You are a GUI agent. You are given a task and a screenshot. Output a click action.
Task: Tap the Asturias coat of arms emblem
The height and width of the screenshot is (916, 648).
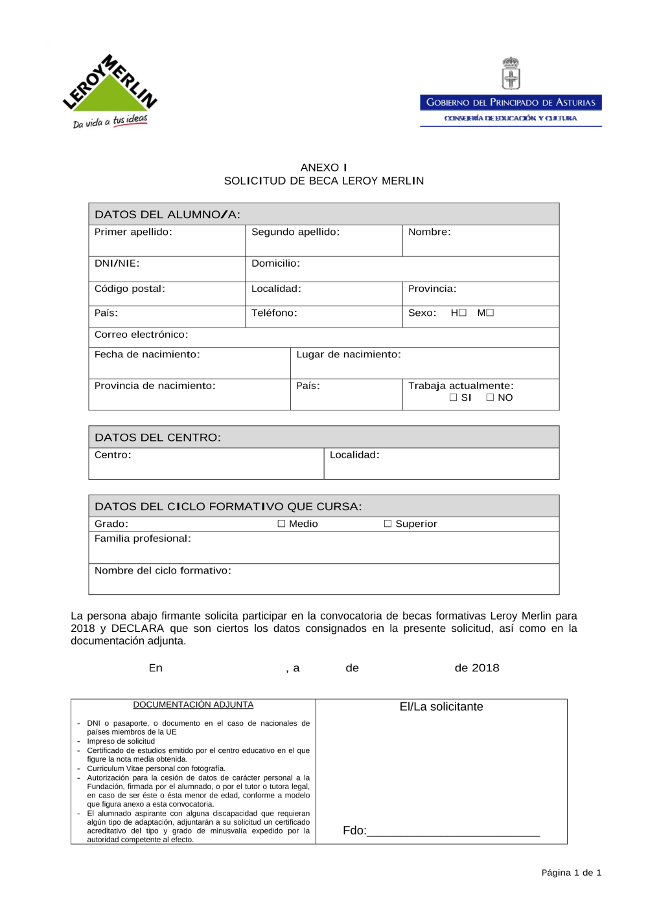point(511,73)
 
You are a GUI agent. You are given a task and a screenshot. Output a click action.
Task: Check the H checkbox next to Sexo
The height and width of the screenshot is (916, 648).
point(463,313)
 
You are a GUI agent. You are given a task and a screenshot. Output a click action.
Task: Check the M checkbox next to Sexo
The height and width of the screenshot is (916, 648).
point(490,313)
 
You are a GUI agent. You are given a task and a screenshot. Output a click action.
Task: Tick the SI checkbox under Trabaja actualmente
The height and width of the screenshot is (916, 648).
point(454,397)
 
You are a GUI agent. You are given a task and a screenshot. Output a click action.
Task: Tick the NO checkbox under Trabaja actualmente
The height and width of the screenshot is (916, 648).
point(491,397)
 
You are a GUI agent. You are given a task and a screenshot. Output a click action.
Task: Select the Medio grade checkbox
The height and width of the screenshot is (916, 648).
point(282,524)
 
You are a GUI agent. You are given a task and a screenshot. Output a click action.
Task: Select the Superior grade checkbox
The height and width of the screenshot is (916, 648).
point(388,524)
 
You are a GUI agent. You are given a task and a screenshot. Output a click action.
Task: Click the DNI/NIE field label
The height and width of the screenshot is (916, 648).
point(117,263)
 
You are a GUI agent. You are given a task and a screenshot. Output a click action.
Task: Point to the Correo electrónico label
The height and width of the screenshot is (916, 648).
point(141,335)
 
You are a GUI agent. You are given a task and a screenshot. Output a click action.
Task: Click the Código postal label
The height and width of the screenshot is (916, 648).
point(130,289)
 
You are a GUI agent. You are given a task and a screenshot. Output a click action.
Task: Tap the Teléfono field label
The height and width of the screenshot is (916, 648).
point(274,313)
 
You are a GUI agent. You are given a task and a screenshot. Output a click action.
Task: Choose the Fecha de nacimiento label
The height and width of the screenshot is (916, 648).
point(147,355)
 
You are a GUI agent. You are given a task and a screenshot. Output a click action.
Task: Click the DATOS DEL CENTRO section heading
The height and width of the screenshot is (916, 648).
point(157,438)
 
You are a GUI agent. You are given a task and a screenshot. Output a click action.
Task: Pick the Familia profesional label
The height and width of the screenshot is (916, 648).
point(143,539)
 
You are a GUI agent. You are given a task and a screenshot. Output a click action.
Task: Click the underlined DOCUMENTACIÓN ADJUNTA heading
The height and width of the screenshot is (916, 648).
point(193,705)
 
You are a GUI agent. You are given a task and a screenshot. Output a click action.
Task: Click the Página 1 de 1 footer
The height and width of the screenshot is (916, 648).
point(571,873)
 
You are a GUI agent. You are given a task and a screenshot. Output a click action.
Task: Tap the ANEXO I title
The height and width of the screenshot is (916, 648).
point(323,168)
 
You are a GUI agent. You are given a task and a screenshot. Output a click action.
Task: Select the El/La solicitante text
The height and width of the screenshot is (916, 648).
point(441,707)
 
